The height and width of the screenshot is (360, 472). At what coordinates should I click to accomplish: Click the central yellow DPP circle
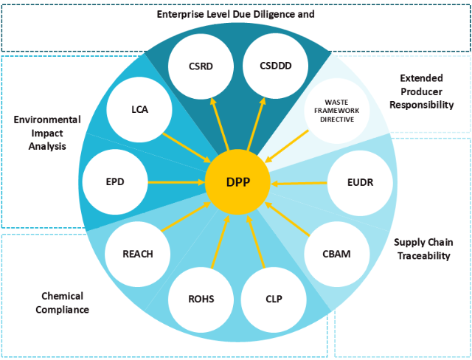[237, 181]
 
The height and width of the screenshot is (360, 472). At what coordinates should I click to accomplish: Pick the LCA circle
[138, 111]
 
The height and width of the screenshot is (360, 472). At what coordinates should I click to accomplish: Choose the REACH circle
[138, 254]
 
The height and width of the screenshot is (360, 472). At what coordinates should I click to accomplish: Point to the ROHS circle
[200, 299]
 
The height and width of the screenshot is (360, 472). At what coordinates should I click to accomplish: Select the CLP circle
[274, 299]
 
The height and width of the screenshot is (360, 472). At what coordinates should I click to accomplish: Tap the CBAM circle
[336, 254]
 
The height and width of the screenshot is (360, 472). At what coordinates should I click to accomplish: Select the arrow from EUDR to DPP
[299, 181]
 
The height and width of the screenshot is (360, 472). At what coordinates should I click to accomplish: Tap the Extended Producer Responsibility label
[426, 91]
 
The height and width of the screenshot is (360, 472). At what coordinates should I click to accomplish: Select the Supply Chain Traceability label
[423, 249]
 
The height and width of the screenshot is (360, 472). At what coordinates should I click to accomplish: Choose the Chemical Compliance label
[65, 302]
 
